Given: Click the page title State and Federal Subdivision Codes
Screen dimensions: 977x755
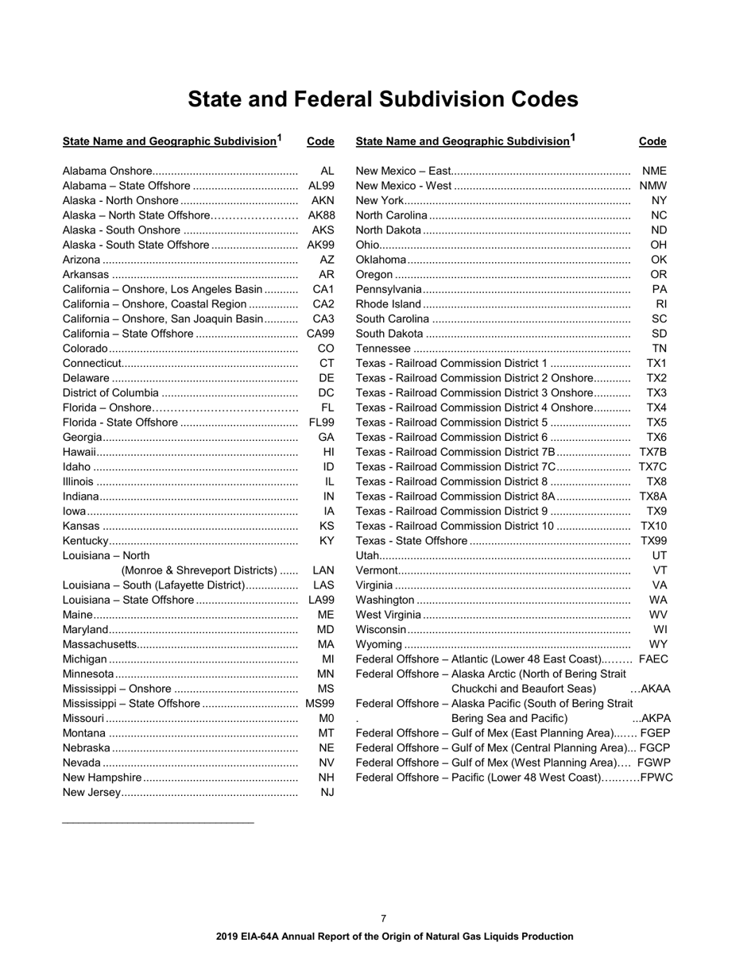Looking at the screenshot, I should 382,99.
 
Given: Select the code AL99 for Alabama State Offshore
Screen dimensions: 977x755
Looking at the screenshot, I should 321,186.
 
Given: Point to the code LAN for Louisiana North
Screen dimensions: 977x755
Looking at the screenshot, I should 323,570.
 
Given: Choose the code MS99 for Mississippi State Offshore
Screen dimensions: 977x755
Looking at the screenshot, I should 319,704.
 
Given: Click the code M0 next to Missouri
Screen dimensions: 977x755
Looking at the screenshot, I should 326,718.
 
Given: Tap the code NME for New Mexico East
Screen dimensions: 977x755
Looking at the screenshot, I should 654,171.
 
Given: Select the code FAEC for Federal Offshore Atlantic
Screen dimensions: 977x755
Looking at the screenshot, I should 653,659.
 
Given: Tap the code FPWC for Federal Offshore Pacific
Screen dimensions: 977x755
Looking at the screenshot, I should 656,778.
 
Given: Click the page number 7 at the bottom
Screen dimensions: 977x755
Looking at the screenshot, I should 384,918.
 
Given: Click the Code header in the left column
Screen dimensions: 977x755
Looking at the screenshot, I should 320,141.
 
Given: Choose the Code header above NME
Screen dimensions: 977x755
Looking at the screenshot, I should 652,141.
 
